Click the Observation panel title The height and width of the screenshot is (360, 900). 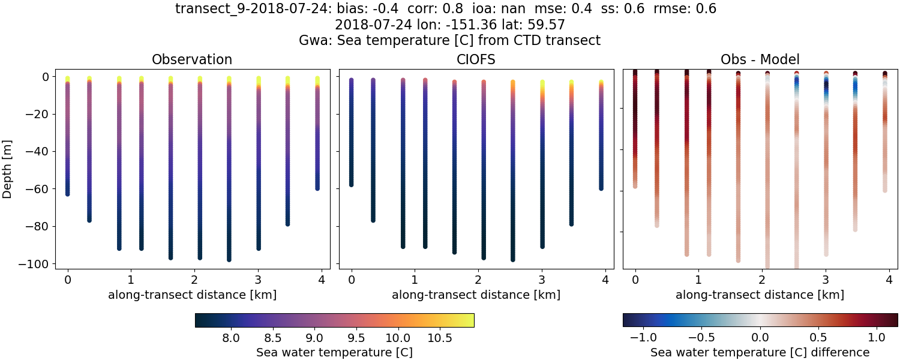192,59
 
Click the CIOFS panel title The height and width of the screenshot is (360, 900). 476,59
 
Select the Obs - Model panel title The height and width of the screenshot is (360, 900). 760,59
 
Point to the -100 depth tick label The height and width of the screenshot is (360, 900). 36,264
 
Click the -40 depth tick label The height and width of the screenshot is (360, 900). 38,152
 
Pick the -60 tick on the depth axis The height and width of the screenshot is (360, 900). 38,189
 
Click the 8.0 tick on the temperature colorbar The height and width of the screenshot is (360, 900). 231,338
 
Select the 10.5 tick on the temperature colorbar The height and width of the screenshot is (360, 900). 440,338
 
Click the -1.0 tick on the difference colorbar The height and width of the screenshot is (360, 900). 643,338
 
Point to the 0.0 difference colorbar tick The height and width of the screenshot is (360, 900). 760,338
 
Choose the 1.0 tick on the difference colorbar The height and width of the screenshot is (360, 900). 877,338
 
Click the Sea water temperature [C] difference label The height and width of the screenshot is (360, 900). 760,352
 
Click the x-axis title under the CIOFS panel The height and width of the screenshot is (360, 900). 476,295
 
